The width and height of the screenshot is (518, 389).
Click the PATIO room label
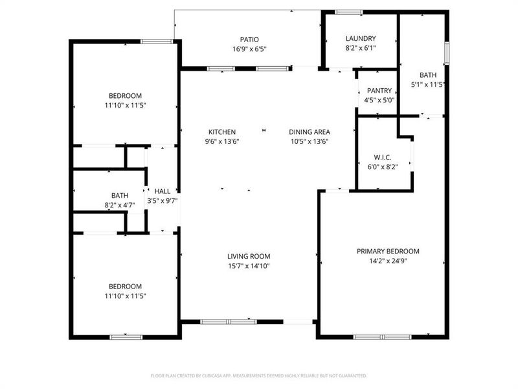coord(249,38)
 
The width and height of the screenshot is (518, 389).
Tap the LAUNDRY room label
coord(361,38)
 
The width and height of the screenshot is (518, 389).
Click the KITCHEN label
coord(222,132)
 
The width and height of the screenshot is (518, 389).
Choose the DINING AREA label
coord(309,132)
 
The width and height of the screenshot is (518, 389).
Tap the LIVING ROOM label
coord(249,256)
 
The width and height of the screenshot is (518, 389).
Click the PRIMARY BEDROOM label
coord(388,251)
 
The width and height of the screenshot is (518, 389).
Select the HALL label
coord(163,191)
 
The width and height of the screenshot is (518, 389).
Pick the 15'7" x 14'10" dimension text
coord(249,266)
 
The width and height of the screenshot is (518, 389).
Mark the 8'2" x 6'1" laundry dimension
coord(361,48)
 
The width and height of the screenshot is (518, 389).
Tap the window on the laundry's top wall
coord(349,12)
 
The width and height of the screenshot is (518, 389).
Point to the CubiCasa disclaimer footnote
coord(259,375)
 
